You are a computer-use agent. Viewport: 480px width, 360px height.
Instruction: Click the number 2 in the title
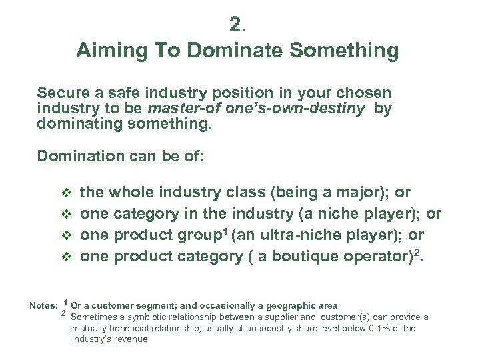point(237,25)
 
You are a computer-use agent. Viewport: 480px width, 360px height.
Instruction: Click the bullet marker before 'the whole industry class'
point(65,193)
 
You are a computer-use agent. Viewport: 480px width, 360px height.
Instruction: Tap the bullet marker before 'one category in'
point(65,215)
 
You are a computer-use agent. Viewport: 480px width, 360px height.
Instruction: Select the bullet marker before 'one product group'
point(65,236)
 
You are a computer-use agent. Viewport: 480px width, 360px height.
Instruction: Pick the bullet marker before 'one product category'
point(65,257)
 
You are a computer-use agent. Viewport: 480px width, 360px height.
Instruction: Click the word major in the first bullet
point(365,193)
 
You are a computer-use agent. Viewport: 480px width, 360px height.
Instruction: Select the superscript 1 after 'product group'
point(225,231)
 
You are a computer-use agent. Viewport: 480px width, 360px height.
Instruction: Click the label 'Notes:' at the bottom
point(43,306)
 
